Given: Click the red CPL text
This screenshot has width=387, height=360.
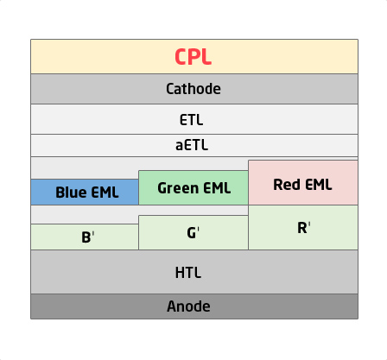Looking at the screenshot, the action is coord(193,57).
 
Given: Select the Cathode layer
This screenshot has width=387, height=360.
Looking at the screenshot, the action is coord(194,89).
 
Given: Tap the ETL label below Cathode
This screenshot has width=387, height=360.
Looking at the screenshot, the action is coord(191,119).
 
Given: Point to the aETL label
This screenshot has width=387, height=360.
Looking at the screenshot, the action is coord(192,145).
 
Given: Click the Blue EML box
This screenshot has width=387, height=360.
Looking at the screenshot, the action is coord(85,192).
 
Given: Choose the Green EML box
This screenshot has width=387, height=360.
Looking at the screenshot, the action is coord(193,187).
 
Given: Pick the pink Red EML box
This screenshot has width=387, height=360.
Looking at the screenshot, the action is coord(303,183).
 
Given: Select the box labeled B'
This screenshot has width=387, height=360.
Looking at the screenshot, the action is coord(85,237).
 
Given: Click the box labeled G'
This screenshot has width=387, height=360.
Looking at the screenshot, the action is coord(193,232).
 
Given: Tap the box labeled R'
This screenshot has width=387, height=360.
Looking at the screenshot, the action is coord(303,227).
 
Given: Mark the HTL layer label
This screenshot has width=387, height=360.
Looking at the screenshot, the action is coord(188,272).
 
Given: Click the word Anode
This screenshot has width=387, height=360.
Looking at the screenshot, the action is coord(188,306).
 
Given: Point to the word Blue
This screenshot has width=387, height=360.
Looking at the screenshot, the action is coord(71,192).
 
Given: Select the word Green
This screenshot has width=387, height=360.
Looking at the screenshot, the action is coord(178,188).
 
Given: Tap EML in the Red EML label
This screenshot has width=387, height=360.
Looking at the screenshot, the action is coord(319,185).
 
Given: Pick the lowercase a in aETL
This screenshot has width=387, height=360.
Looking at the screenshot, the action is coord(179,146).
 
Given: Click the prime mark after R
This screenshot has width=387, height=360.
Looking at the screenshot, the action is coord(309,224).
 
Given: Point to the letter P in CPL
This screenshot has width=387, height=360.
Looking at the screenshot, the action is coord(194,57).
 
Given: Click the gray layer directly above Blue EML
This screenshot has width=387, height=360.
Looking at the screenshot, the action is coord(85,168).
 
